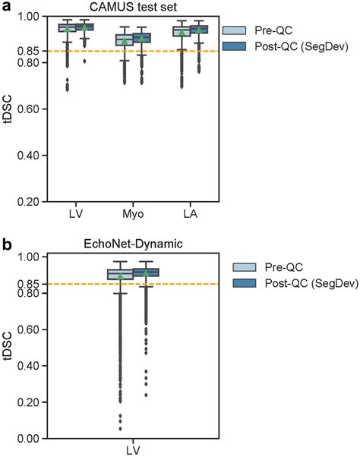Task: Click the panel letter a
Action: pos(6,6)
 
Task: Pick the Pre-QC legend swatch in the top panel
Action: pos(236,30)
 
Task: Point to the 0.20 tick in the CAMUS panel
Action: pos(30,202)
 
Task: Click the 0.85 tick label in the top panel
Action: pos(30,51)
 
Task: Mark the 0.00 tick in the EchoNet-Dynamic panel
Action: pos(30,439)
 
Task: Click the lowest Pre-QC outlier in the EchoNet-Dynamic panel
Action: pos(119,427)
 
